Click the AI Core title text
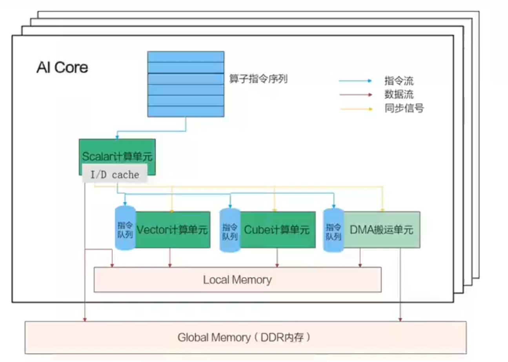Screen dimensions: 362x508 pyautogui.click(x=62, y=68)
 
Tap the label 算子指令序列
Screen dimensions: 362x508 pyautogui.click(x=259, y=79)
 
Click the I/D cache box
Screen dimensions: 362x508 pyautogui.click(x=115, y=174)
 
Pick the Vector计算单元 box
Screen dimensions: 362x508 pyautogui.click(x=173, y=230)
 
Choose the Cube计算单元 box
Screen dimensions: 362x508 pyautogui.click(x=277, y=230)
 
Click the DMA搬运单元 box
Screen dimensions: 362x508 pyautogui.click(x=381, y=230)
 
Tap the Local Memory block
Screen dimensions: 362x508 pyautogui.click(x=237, y=280)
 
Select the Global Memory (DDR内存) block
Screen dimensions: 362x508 pyautogui.click(x=245, y=337)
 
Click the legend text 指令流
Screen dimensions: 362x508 pyautogui.click(x=399, y=81)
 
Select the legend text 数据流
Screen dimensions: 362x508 pyautogui.click(x=399, y=94)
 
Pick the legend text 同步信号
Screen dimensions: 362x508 pyautogui.click(x=404, y=109)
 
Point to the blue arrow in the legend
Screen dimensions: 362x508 pyautogui.click(x=355, y=81)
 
